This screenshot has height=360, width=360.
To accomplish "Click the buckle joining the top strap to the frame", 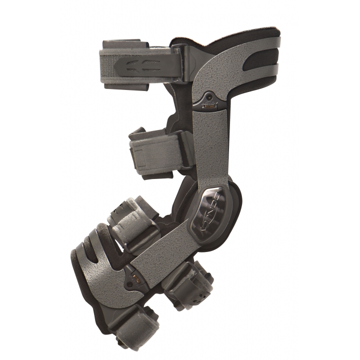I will [182, 62].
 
